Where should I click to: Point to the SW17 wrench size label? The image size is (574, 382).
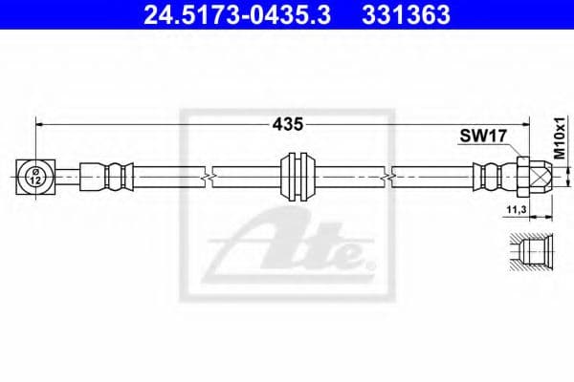coord(481,138)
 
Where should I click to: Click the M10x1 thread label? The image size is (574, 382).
coord(561,140)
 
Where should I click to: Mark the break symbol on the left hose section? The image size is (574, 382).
coord(207,176)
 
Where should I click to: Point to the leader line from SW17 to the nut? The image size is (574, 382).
coord(507,149)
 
